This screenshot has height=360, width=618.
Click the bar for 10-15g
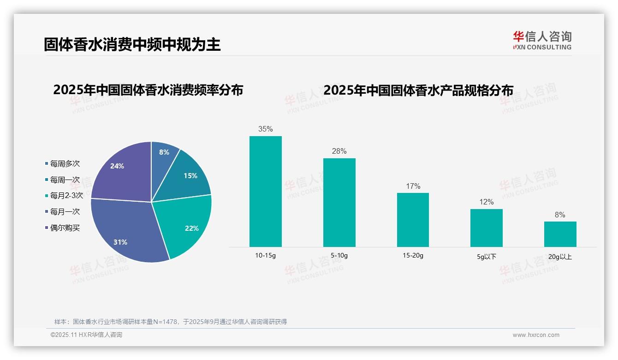[265, 191]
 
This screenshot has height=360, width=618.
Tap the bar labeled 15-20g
[413, 220]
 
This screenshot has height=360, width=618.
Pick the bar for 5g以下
[487, 228]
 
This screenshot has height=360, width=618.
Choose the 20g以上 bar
[560, 234]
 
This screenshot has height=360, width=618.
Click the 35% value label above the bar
[265, 129]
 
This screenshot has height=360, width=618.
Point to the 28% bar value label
[339, 151]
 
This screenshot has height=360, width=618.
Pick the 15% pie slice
[187, 178]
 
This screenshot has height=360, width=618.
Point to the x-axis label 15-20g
[413, 255]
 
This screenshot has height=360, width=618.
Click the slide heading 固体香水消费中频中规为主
[132, 44]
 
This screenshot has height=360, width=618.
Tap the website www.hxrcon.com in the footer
[536, 335]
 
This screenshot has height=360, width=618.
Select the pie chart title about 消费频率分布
[148, 90]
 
